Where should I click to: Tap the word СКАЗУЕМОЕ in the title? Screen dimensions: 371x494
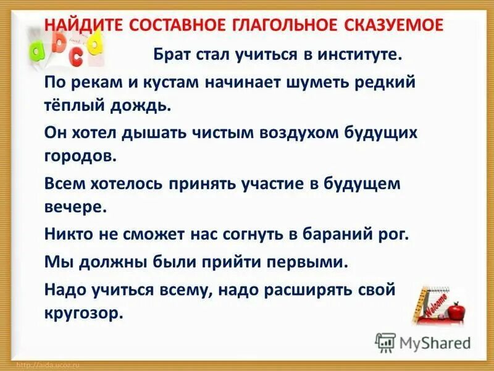coord(391,25)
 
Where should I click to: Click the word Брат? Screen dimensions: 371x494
coord(174,56)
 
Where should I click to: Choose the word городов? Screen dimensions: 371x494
coord(79,156)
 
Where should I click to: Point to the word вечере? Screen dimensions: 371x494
coord(74,207)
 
